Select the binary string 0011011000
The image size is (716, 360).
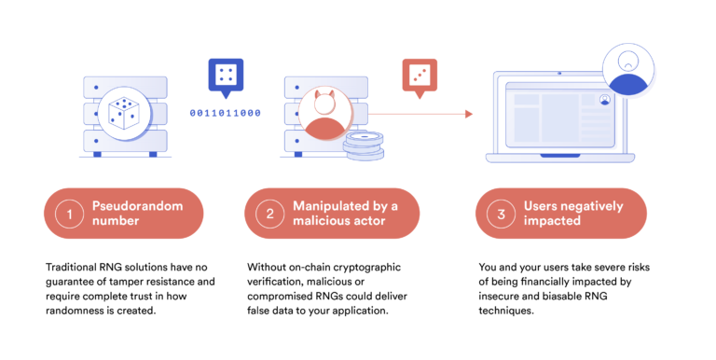[224, 113]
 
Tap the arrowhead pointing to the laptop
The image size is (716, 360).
[470, 114]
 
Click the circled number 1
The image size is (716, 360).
[68, 214]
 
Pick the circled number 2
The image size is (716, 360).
[269, 214]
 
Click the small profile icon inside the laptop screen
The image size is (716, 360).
[605, 98]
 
